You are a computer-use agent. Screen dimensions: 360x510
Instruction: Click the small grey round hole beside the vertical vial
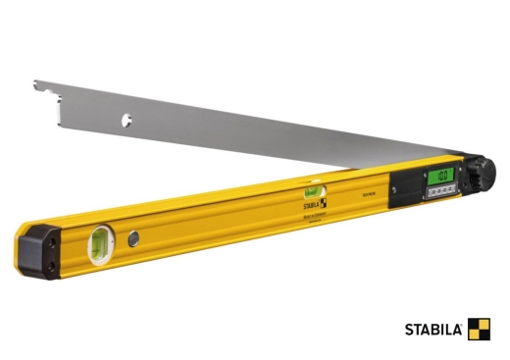131,238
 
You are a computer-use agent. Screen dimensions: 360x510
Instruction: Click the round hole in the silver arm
127,121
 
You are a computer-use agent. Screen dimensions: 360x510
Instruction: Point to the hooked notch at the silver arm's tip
38,89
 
